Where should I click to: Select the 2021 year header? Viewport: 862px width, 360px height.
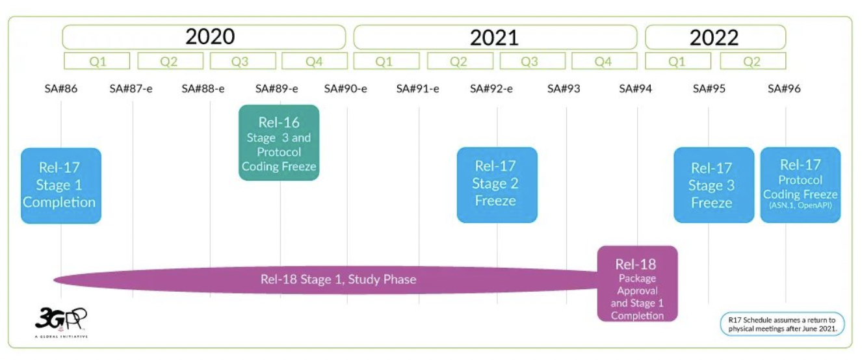coord(495,37)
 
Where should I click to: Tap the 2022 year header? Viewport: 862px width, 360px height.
coord(714,37)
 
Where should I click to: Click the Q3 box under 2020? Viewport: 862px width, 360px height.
coord(240,62)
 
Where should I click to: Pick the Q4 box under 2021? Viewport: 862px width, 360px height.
coord(603,62)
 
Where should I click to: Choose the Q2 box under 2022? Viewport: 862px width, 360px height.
coord(752,62)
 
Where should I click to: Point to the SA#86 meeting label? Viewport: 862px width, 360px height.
coord(61,88)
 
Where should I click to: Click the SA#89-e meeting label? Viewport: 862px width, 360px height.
coord(277,88)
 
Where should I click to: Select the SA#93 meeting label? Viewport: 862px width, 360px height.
coord(564,88)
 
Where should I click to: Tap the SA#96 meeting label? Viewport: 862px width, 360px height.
coord(784,88)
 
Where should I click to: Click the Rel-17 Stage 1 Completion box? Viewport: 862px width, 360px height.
coord(61,185)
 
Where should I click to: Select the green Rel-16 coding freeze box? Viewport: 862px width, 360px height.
coord(279,143)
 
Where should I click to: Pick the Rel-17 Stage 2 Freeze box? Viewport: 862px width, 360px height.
coord(497,185)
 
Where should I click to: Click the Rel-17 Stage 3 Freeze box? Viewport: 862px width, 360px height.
coord(713,185)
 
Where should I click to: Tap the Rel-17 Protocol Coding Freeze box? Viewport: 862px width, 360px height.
coord(800,185)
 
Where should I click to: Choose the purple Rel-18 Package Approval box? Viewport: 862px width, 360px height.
coord(637,283)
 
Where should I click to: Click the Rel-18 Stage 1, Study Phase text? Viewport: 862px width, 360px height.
coord(338,279)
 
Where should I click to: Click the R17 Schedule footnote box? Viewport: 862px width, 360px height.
coord(782,324)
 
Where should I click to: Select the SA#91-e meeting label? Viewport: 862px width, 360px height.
coord(418,88)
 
